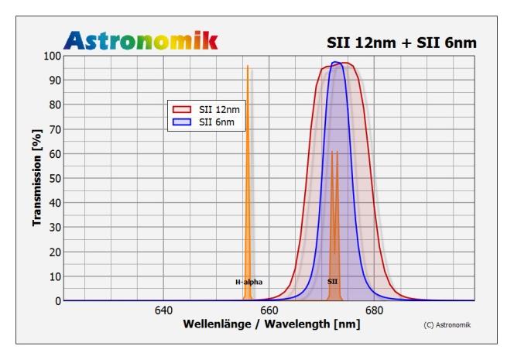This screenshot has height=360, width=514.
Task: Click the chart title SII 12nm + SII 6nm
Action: tap(402, 42)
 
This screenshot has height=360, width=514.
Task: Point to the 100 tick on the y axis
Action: tap(50, 56)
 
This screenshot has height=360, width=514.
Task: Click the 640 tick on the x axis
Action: tap(163, 311)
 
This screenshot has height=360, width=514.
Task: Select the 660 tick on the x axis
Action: tap(269, 311)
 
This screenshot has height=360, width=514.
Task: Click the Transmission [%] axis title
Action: tap(36, 178)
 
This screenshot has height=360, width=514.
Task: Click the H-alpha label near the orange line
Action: tap(249, 283)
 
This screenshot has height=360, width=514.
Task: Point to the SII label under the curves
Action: tap(332, 283)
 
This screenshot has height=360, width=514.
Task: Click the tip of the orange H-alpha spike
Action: tap(248, 67)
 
